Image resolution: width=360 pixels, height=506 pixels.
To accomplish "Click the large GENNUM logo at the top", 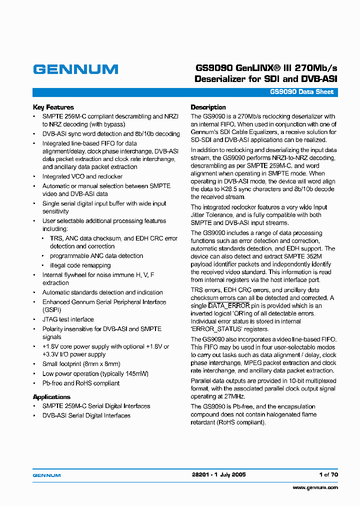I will point(75,69).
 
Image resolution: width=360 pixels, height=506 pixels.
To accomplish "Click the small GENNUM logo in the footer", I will point(46,475).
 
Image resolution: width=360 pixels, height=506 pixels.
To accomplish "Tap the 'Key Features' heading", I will point(53,107).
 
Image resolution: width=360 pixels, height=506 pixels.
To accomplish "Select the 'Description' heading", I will point(208,107).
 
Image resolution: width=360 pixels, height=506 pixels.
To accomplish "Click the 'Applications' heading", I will point(51,397).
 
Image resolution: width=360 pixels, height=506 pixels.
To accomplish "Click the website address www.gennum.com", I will point(315,487).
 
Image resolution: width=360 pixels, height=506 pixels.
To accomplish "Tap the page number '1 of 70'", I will point(328,474).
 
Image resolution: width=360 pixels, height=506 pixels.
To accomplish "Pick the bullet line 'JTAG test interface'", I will point(68,319).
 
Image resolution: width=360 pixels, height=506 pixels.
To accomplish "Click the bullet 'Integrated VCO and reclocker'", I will point(82,176).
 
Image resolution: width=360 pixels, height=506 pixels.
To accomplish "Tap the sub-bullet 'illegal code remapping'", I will point(80,265).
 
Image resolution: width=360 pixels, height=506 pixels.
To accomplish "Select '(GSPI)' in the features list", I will point(51,310).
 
